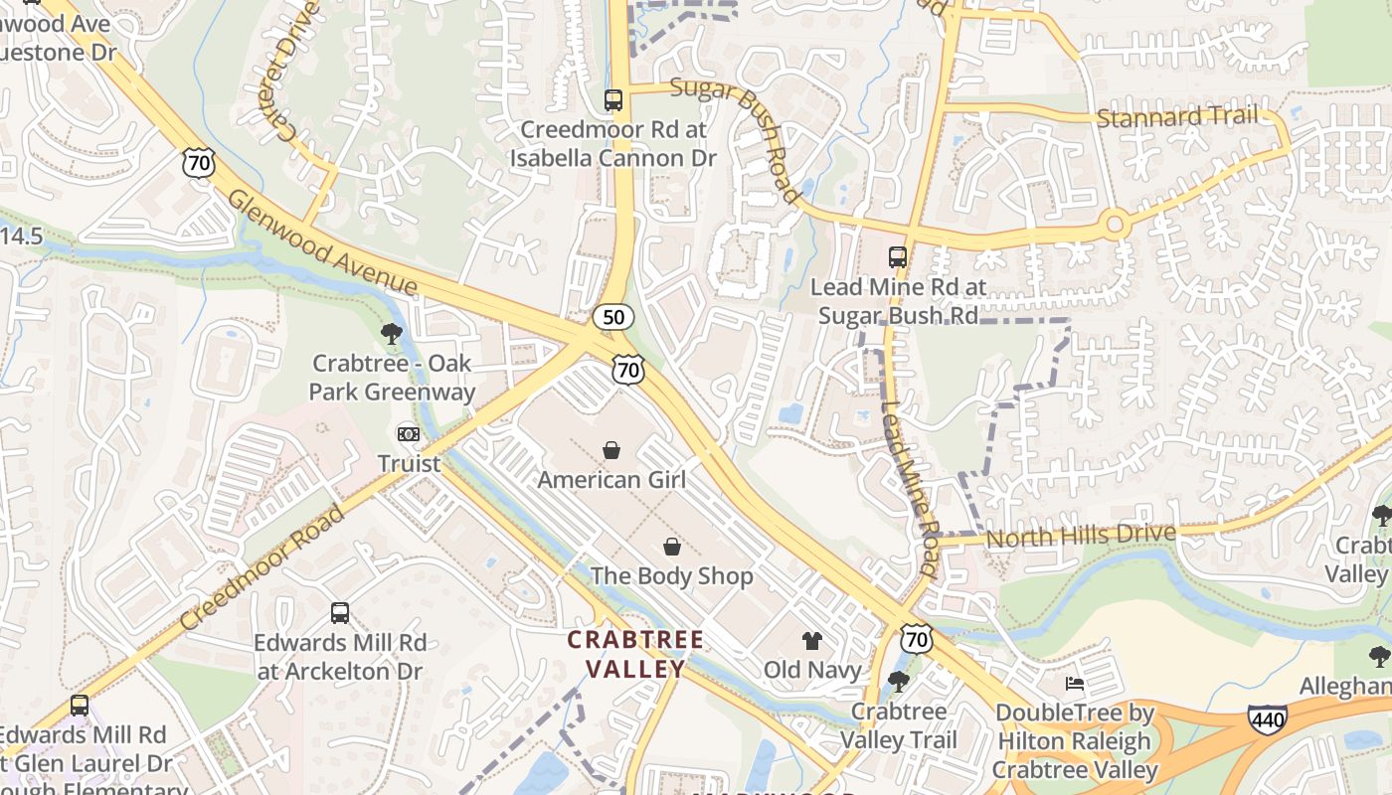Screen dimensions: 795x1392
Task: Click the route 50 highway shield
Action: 613,317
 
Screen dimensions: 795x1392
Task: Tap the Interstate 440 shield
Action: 1268,718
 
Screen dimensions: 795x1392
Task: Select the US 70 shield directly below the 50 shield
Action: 628,370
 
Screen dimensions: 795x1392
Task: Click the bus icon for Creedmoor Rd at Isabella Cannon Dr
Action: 613,99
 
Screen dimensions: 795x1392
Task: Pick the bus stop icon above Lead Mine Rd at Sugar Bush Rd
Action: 898,256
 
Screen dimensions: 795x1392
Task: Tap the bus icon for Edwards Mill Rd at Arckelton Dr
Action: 340,612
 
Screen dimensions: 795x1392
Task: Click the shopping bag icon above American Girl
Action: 611,450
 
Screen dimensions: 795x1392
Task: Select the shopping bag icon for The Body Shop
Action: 672,547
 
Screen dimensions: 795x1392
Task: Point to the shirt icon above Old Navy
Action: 812,641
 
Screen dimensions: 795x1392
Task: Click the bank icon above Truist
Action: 409,434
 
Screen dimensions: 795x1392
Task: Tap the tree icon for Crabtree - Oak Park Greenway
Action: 392,334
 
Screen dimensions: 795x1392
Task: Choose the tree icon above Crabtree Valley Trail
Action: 898,682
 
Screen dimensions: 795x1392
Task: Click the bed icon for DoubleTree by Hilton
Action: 1075,684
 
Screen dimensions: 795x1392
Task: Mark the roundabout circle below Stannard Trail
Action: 1115,225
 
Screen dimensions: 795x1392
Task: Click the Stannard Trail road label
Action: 1176,117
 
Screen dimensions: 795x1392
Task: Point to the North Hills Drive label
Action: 1081,536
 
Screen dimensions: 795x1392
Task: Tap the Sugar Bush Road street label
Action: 735,138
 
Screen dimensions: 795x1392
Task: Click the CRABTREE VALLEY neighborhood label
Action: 635,654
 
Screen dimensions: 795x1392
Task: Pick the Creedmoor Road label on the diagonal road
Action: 262,566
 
